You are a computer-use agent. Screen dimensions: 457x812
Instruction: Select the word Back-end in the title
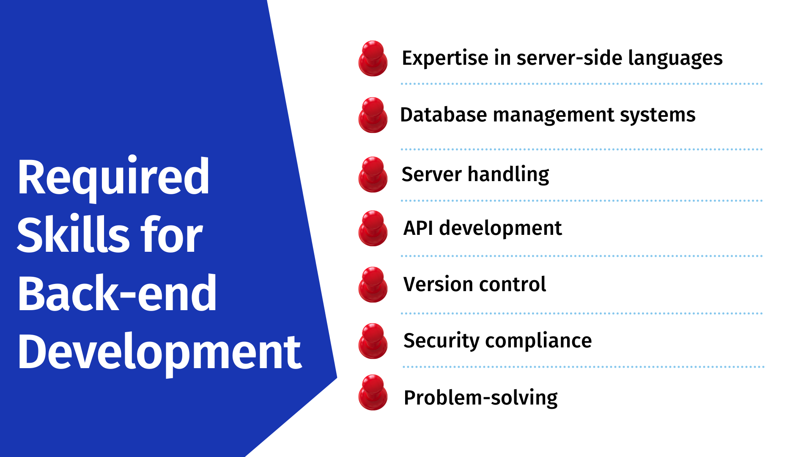tap(117, 293)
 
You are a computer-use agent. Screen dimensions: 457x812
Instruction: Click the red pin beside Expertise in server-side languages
tap(373, 58)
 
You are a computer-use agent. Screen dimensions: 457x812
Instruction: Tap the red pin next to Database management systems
tap(373, 115)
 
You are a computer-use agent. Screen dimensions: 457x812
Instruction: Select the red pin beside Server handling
tap(373, 174)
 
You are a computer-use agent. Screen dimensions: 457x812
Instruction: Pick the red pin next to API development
tap(373, 228)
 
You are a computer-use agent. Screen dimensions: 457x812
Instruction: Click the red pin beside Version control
tap(373, 284)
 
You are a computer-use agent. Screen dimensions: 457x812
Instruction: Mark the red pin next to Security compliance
tap(373, 341)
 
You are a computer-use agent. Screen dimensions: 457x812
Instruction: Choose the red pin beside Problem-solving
tap(373, 392)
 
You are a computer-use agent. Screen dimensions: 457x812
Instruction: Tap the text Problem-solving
tap(480, 398)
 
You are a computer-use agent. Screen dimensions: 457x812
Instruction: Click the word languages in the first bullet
tap(675, 58)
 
